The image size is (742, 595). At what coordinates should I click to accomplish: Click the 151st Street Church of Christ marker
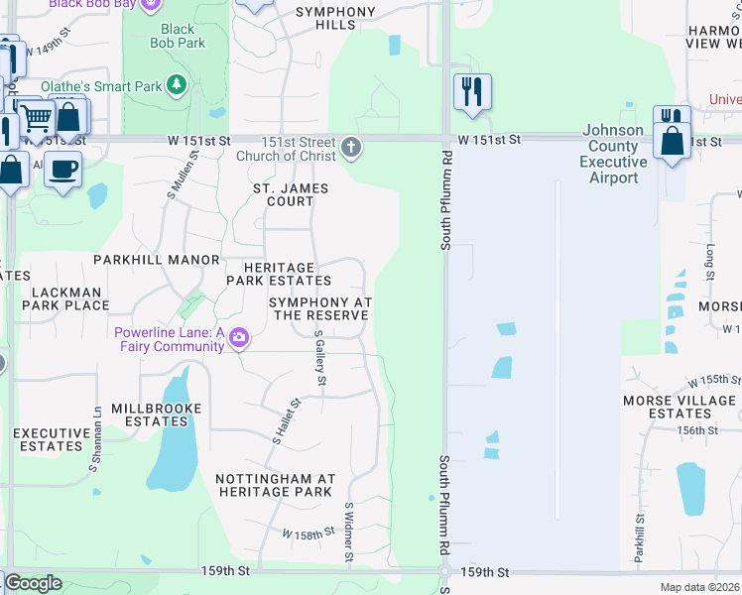click(351, 149)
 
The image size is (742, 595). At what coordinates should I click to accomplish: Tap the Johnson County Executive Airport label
click(613, 154)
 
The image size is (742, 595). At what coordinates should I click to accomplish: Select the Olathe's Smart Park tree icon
click(178, 85)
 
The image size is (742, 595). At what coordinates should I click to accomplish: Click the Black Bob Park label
click(178, 37)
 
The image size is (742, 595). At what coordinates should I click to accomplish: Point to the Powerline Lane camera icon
click(238, 339)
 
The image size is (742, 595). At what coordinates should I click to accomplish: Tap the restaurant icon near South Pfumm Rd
click(472, 92)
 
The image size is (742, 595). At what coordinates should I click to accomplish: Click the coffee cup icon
click(63, 171)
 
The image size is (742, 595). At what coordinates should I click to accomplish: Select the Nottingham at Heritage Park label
click(275, 485)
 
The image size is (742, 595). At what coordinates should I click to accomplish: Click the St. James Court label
click(290, 194)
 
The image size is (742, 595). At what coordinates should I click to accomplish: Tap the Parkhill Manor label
click(156, 260)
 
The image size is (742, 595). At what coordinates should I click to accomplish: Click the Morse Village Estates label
click(680, 407)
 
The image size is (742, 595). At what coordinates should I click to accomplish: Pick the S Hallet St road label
click(286, 420)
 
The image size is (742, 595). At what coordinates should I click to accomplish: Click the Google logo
click(33, 583)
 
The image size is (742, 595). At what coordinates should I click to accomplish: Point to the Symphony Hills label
click(336, 18)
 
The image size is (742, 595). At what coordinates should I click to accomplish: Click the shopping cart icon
click(37, 119)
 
